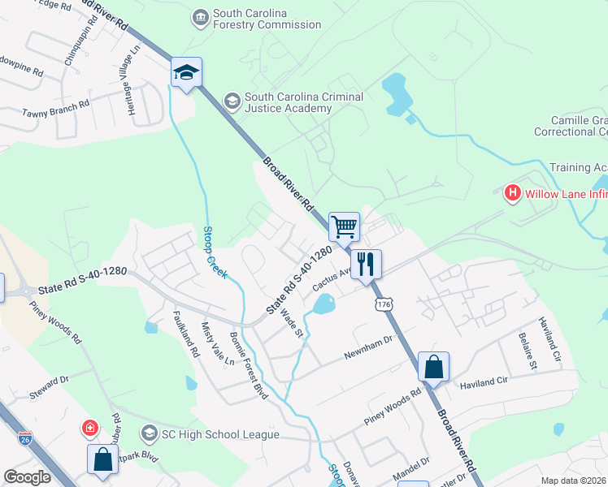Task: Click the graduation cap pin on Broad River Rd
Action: pyautogui.click(x=186, y=73)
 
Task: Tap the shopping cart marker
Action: pyautogui.click(x=345, y=226)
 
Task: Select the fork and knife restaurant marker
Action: pyautogui.click(x=366, y=263)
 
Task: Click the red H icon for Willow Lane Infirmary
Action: pyautogui.click(x=512, y=193)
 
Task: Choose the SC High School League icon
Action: pyautogui.click(x=149, y=434)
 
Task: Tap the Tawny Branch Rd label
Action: pyautogui.click(x=56, y=108)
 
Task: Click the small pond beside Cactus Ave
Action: pyautogui.click(x=322, y=305)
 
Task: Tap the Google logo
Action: pyautogui.click(x=27, y=477)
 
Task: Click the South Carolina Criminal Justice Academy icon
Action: pyautogui.click(x=232, y=100)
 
